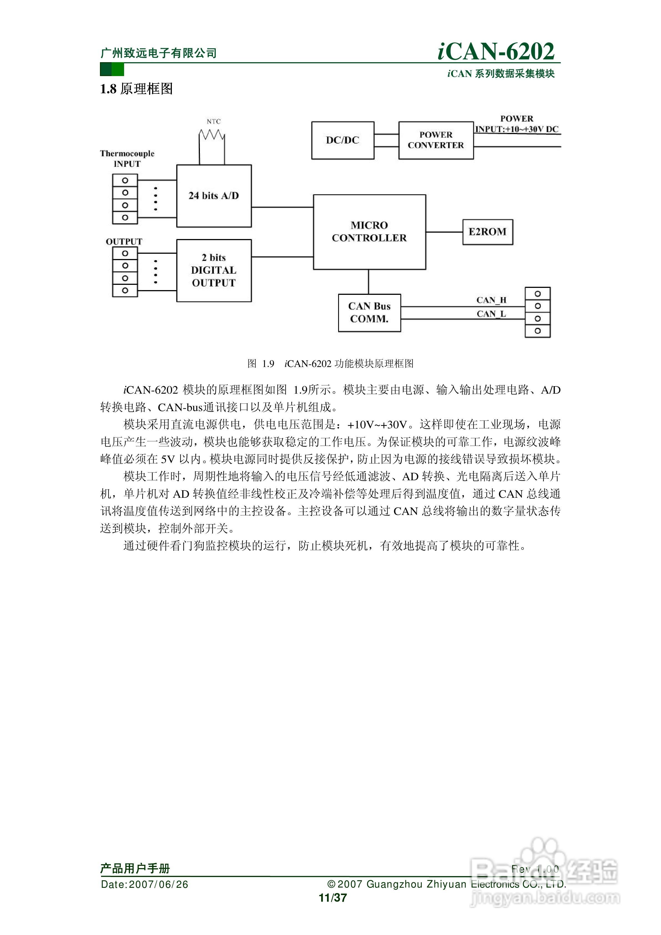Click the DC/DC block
coord(343,140)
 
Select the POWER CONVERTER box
coord(436,140)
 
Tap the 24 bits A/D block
coord(214,196)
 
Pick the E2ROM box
coord(487,232)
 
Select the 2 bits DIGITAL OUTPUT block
coord(214,270)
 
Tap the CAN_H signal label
coord(491,300)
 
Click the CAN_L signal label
coord(491,314)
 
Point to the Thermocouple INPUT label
coord(127,159)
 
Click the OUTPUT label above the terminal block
coord(124,242)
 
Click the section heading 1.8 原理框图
coord(136,89)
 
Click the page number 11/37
coord(333,898)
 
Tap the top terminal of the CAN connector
coord(537,294)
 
